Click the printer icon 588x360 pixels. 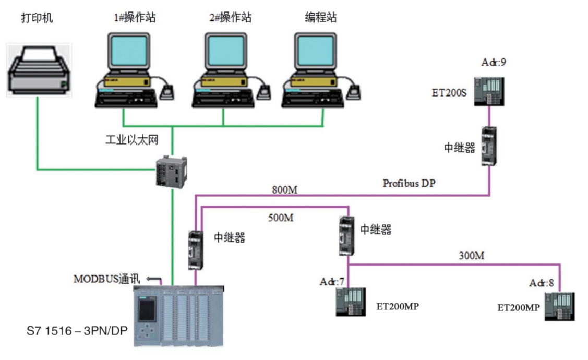(x=38, y=69)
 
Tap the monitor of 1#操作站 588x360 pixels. (x=128, y=51)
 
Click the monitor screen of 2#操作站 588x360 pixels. (x=225, y=51)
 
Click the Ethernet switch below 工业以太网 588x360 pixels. (x=170, y=171)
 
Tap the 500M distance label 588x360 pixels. (x=280, y=218)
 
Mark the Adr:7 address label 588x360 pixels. (x=332, y=282)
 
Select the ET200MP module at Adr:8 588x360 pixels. (x=560, y=306)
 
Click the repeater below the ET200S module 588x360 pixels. (x=488, y=147)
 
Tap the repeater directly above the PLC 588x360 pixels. (x=196, y=250)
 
